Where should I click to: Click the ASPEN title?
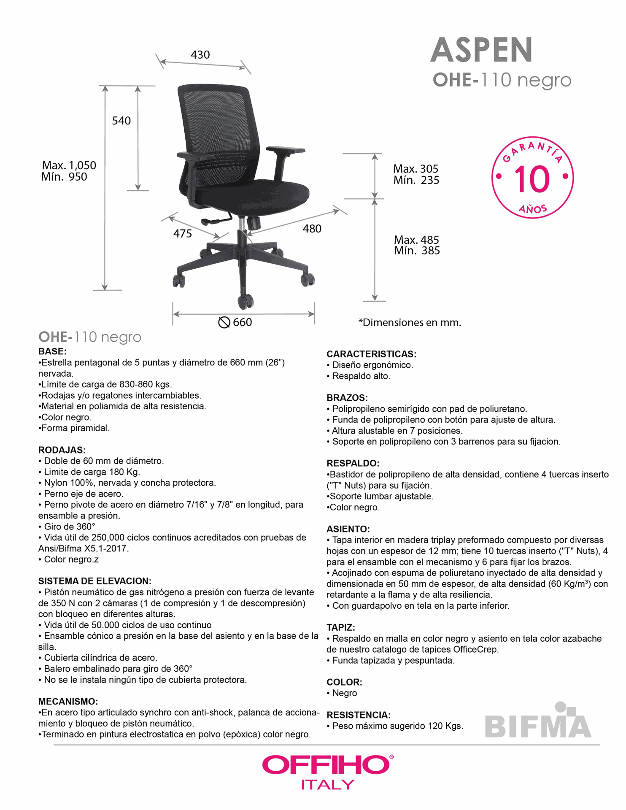(481, 50)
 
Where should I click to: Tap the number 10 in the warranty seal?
(532, 179)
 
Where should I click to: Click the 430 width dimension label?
(200, 55)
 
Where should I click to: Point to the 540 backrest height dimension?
(121, 121)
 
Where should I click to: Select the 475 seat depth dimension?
(182, 234)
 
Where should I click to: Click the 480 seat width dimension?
(312, 229)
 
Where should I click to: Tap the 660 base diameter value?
(242, 322)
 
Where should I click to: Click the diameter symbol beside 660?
(224, 322)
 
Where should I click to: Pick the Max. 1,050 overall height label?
(69, 165)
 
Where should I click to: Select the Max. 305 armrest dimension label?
(416, 169)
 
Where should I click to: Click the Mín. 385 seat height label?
(417, 251)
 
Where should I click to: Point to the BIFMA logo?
(538, 721)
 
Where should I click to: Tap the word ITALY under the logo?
(327, 785)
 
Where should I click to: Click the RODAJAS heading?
(62, 450)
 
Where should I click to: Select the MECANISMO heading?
(68, 702)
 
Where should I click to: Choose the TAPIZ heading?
(340, 627)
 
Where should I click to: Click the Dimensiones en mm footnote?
(410, 323)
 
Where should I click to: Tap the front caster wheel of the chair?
(246, 301)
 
